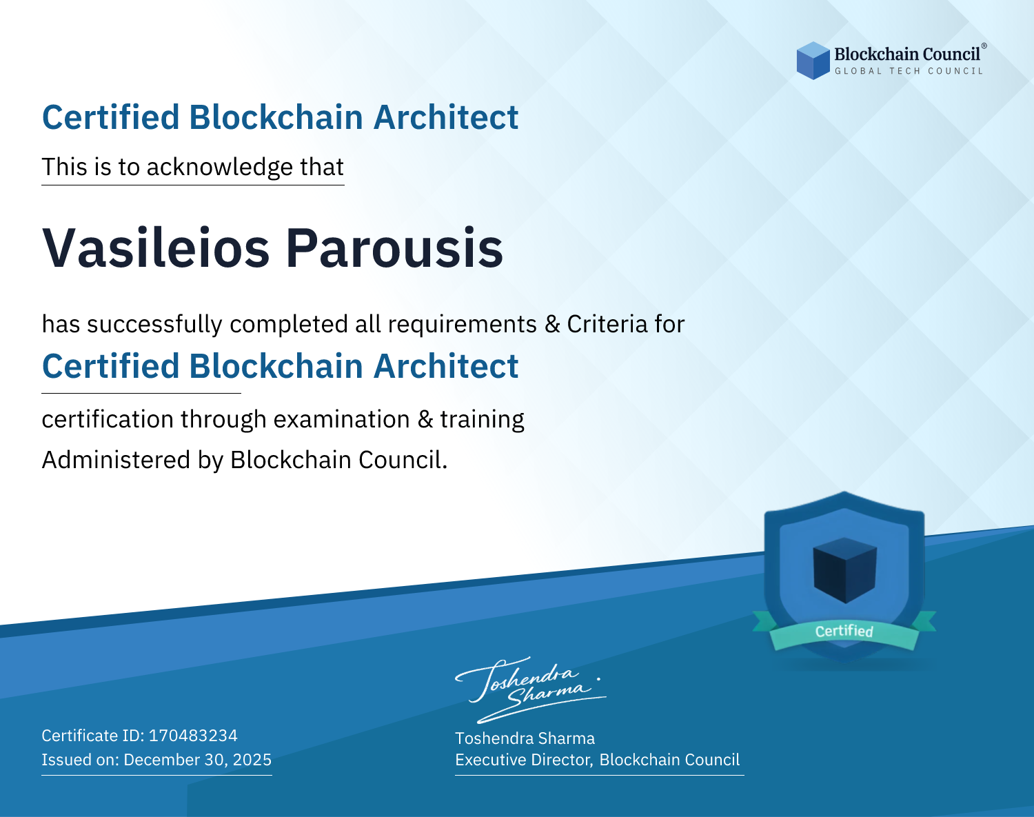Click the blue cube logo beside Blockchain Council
[813, 61]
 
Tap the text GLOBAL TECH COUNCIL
[909, 71]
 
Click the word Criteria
[607, 324]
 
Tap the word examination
[342, 419]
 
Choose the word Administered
[116, 459]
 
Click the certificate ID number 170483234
[193, 735]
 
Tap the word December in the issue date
[156, 759]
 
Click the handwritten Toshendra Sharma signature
[531, 690]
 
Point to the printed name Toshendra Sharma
[525, 738]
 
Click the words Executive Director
[524, 760]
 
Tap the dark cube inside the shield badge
[844, 570]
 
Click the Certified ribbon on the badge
[844, 631]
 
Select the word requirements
[463, 325]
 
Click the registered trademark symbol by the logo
[984, 46]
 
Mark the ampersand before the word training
[425, 419]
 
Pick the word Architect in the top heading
[446, 117]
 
